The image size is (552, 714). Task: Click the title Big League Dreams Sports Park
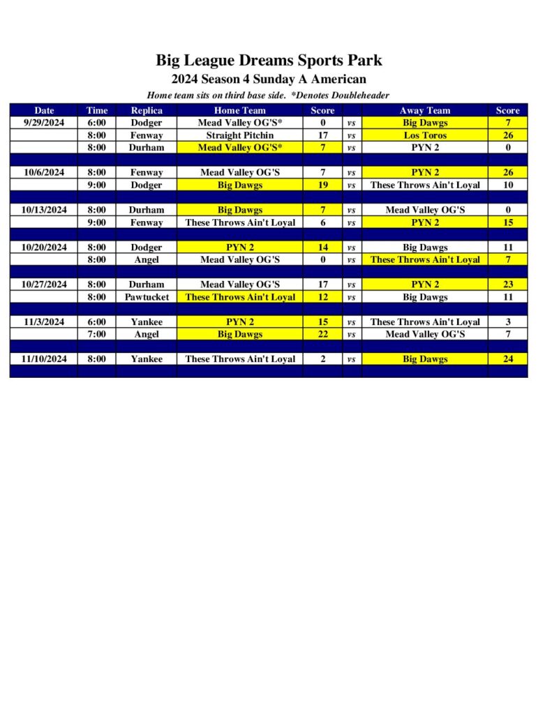269,60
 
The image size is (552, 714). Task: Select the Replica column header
147,110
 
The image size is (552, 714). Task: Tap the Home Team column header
239,110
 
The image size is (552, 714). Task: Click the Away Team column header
424,110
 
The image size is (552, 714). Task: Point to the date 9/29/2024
44,123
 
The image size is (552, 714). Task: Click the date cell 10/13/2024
44,210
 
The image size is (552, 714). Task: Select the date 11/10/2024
44,359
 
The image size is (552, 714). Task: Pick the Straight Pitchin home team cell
239,135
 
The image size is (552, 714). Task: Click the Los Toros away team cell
424,135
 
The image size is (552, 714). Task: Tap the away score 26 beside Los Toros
507,135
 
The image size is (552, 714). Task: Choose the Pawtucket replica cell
147,297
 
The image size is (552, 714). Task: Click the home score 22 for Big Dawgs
322,334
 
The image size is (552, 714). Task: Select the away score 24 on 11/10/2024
507,359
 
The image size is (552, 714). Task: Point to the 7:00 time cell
97,334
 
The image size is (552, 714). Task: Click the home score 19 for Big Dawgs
322,185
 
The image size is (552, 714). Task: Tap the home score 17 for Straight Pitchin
322,135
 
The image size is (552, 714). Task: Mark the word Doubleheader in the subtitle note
359,95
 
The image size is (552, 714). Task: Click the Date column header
44,110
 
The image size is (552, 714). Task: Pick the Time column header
97,110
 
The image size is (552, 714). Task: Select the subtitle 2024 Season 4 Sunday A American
269,79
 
